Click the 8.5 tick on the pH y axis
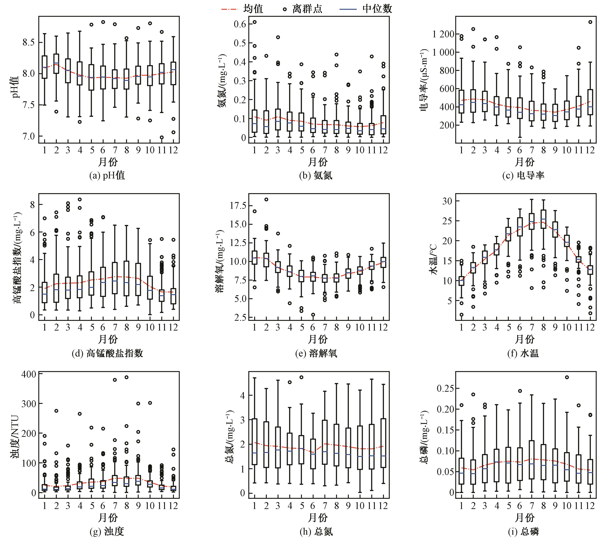pyautogui.click(x=28, y=42)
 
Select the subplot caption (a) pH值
pyautogui.click(x=107, y=175)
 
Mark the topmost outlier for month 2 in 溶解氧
pyautogui.click(x=266, y=199)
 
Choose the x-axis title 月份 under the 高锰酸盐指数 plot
pyautogui.click(x=108, y=339)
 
